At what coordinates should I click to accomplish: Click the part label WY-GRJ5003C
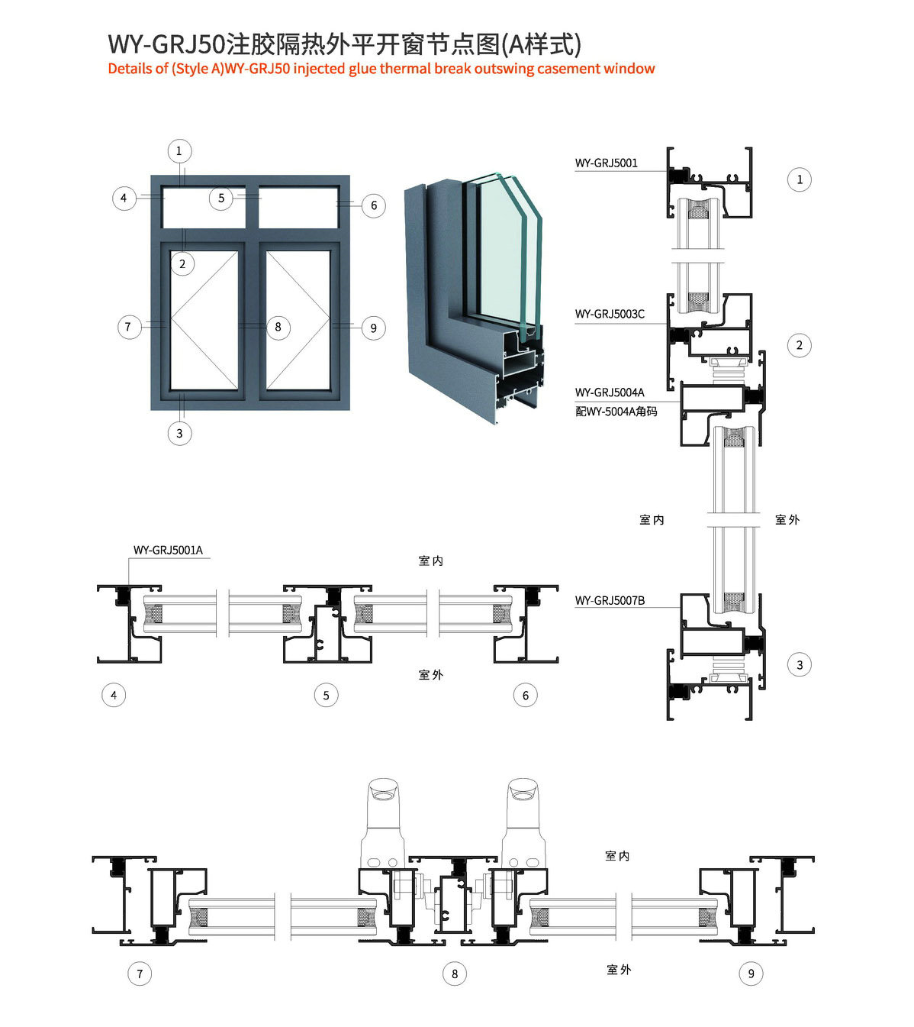[x=610, y=314]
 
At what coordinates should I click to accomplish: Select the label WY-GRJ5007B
[x=610, y=601]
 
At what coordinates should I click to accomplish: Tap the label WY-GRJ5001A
[x=168, y=550]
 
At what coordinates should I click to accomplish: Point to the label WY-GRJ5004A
[x=610, y=392]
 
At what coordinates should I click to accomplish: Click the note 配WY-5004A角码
[x=616, y=412]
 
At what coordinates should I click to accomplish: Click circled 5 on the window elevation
[x=221, y=199]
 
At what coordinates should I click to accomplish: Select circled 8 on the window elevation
[x=278, y=328]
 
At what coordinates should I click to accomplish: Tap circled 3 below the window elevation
[x=179, y=434]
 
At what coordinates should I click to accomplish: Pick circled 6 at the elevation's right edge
[x=374, y=205]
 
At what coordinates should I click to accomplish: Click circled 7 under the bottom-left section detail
[x=140, y=974]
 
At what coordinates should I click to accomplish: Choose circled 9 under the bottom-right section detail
[x=751, y=974]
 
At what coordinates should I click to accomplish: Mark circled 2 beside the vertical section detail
[x=799, y=345]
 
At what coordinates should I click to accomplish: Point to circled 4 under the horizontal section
[x=114, y=695]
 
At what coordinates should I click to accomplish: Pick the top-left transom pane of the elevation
[x=204, y=207]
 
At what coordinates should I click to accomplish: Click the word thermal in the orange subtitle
[x=405, y=69]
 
